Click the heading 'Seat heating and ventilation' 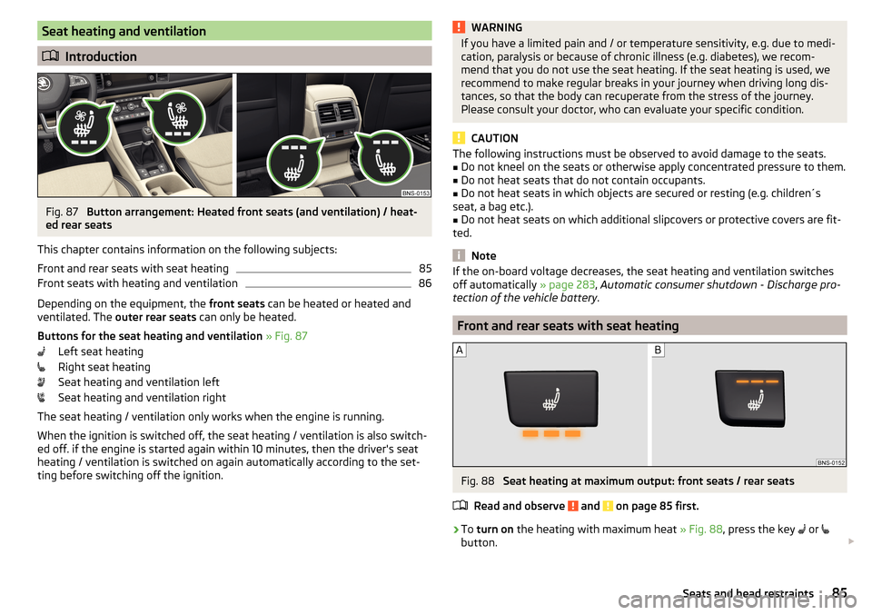click(x=124, y=32)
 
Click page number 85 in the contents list click(x=425, y=269)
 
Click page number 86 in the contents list click(x=425, y=284)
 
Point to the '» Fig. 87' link click(x=286, y=336)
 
